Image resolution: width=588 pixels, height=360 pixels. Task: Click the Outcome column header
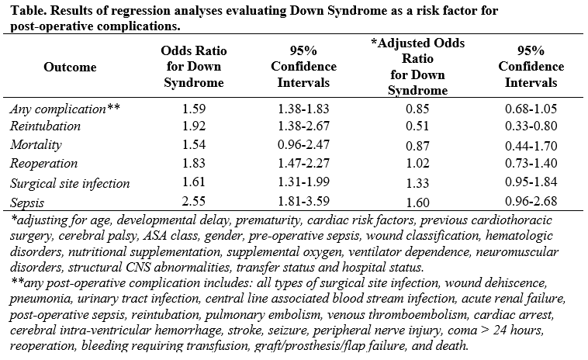[70, 67]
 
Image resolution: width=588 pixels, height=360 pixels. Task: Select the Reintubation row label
[45, 126]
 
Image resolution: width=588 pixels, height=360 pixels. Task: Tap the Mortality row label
[36, 145]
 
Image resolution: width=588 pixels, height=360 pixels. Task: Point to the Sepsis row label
[27, 202]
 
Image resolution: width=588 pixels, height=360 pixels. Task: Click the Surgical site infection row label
[70, 184]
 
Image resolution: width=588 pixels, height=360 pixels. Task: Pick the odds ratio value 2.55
[194, 201]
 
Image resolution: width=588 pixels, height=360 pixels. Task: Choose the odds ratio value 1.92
[194, 126]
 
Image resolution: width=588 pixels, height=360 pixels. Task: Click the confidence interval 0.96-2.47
[303, 145]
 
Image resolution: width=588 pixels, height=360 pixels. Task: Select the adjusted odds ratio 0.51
[417, 126]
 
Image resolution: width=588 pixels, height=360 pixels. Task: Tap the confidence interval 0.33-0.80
[531, 126]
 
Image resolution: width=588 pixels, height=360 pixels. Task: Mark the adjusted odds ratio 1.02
[417, 164]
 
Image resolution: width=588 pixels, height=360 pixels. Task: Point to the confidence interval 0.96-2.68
[531, 201]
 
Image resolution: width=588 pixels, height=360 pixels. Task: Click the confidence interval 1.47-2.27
[303, 164]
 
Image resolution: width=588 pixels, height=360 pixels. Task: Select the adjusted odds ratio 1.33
[417, 183]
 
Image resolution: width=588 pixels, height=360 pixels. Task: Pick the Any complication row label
[65, 109]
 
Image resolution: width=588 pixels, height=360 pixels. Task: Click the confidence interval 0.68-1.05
[531, 109]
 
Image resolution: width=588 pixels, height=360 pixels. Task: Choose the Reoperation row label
[44, 164]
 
